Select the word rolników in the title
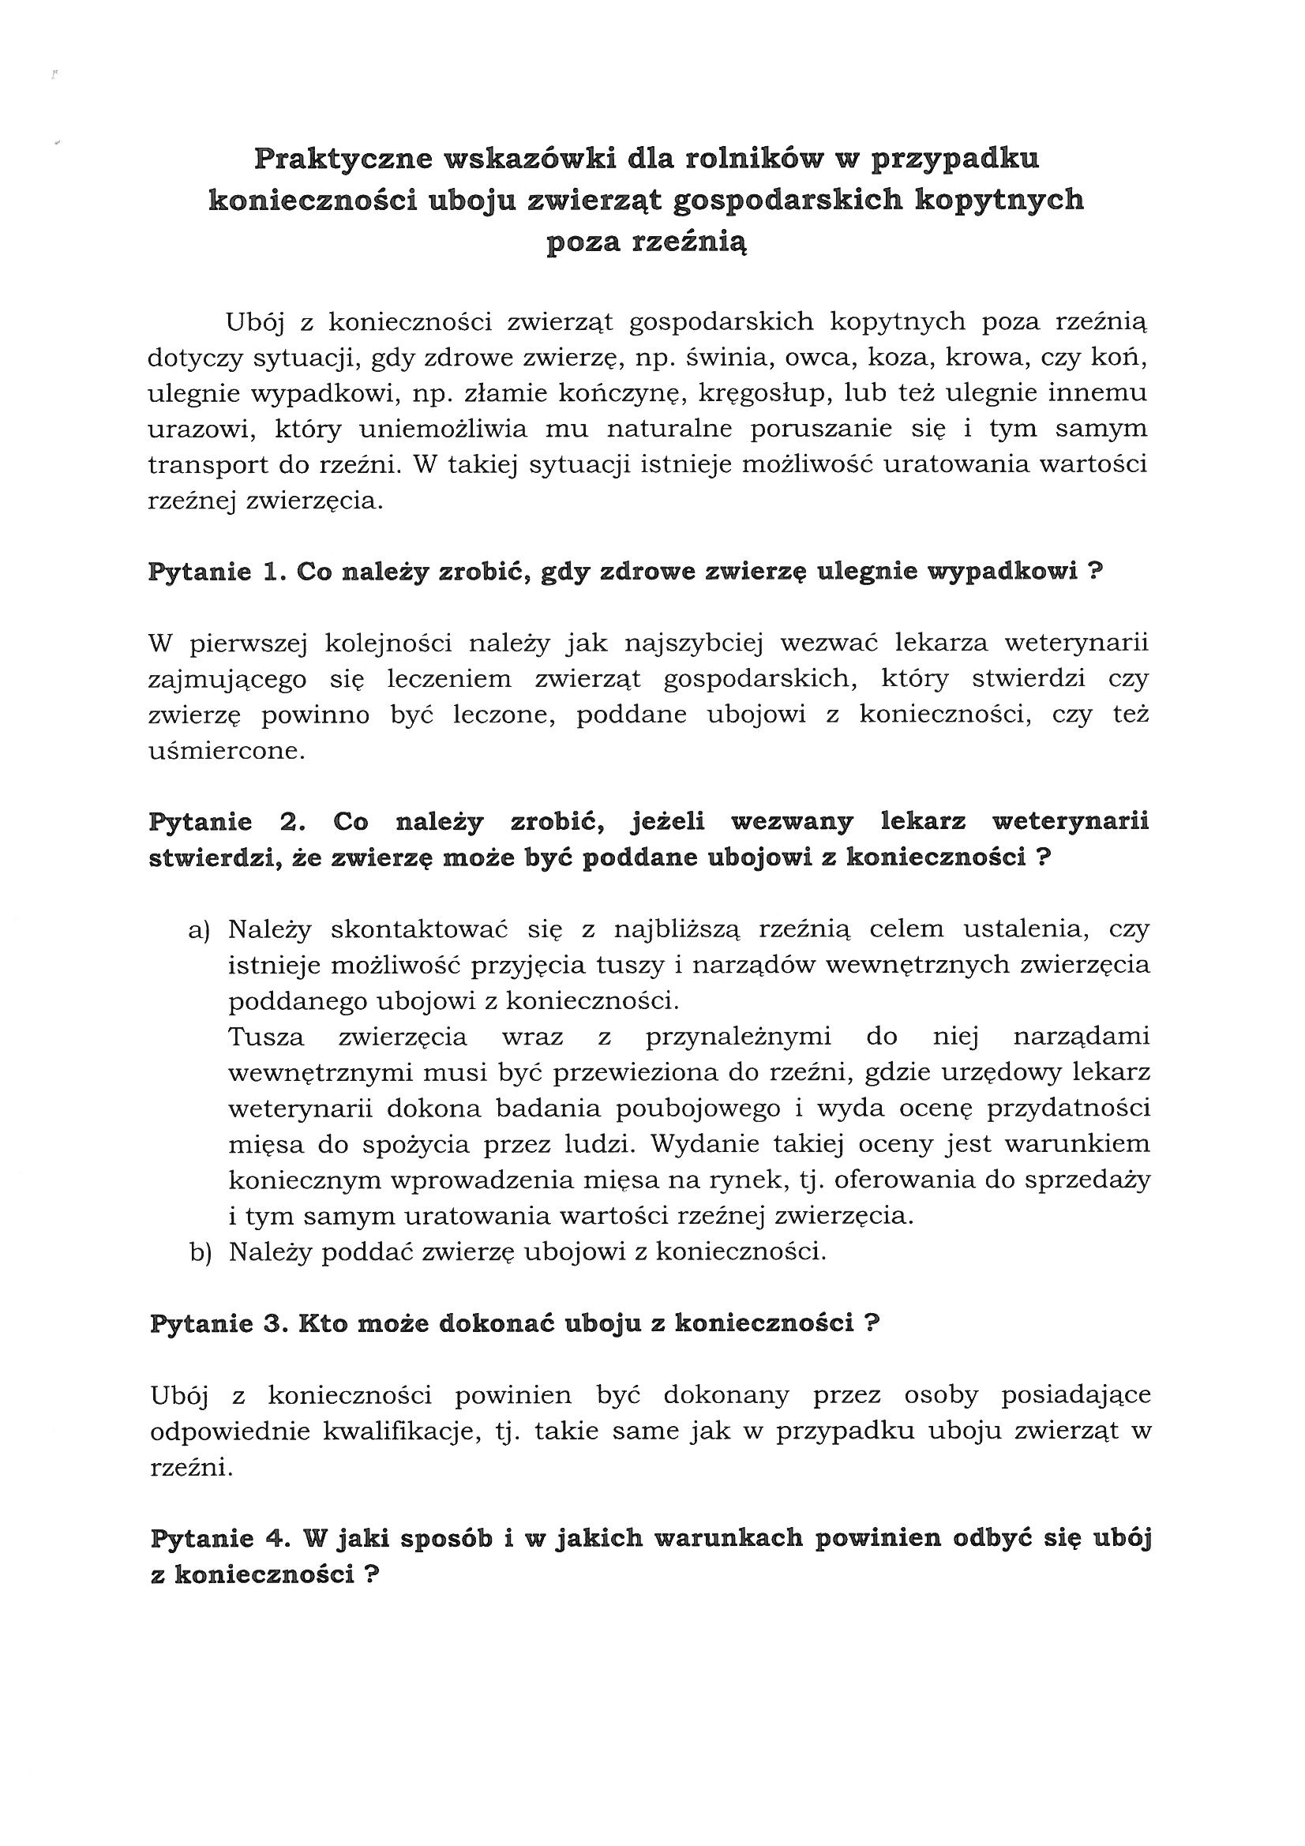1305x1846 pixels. click(x=754, y=159)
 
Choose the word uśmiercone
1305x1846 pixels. click(x=227, y=752)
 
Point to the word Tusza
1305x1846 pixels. click(x=266, y=1037)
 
